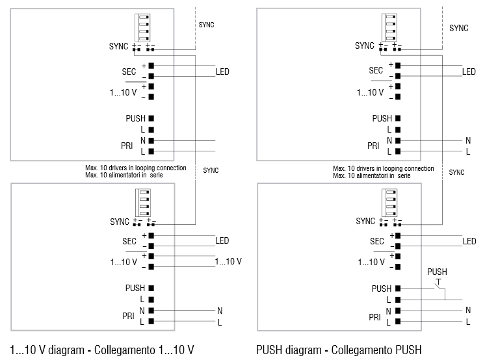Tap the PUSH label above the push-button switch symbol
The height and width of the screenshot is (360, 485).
tap(437, 272)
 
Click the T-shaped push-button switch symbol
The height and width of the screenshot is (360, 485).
tap(438, 282)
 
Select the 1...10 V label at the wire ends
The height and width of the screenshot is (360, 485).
tap(228, 261)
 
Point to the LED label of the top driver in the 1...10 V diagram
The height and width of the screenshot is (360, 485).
tap(222, 71)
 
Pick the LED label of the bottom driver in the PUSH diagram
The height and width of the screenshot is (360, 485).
tap(469, 241)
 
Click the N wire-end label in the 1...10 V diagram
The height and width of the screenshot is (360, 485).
tap(220, 311)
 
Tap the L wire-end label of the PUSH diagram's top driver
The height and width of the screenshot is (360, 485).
tap(467, 151)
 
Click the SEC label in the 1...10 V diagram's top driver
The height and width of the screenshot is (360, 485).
tap(129, 71)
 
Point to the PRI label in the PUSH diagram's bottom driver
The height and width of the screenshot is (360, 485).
tap(374, 316)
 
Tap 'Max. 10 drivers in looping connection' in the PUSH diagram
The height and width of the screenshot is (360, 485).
tap(383, 168)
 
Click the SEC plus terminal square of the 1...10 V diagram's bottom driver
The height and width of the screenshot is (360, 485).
tap(151, 235)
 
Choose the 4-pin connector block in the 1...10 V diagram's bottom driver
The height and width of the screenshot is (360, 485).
tap(142, 201)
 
